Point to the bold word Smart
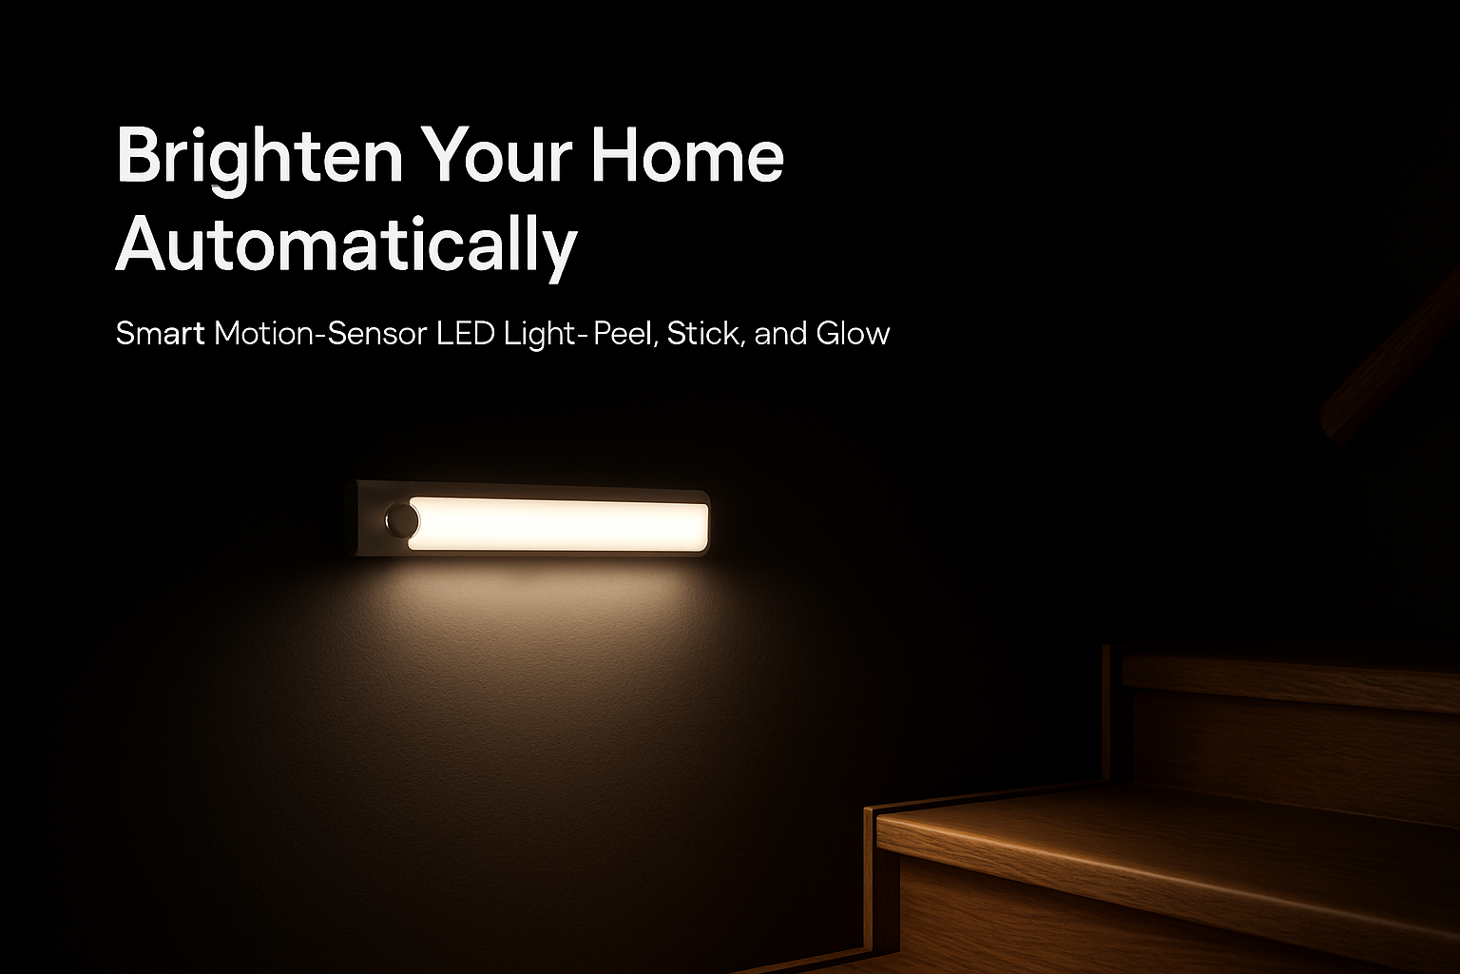click(x=160, y=333)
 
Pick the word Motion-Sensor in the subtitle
click(x=320, y=333)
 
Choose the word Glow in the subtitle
click(x=853, y=333)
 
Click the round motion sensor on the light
click(x=401, y=520)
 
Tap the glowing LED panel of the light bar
click(x=559, y=524)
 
